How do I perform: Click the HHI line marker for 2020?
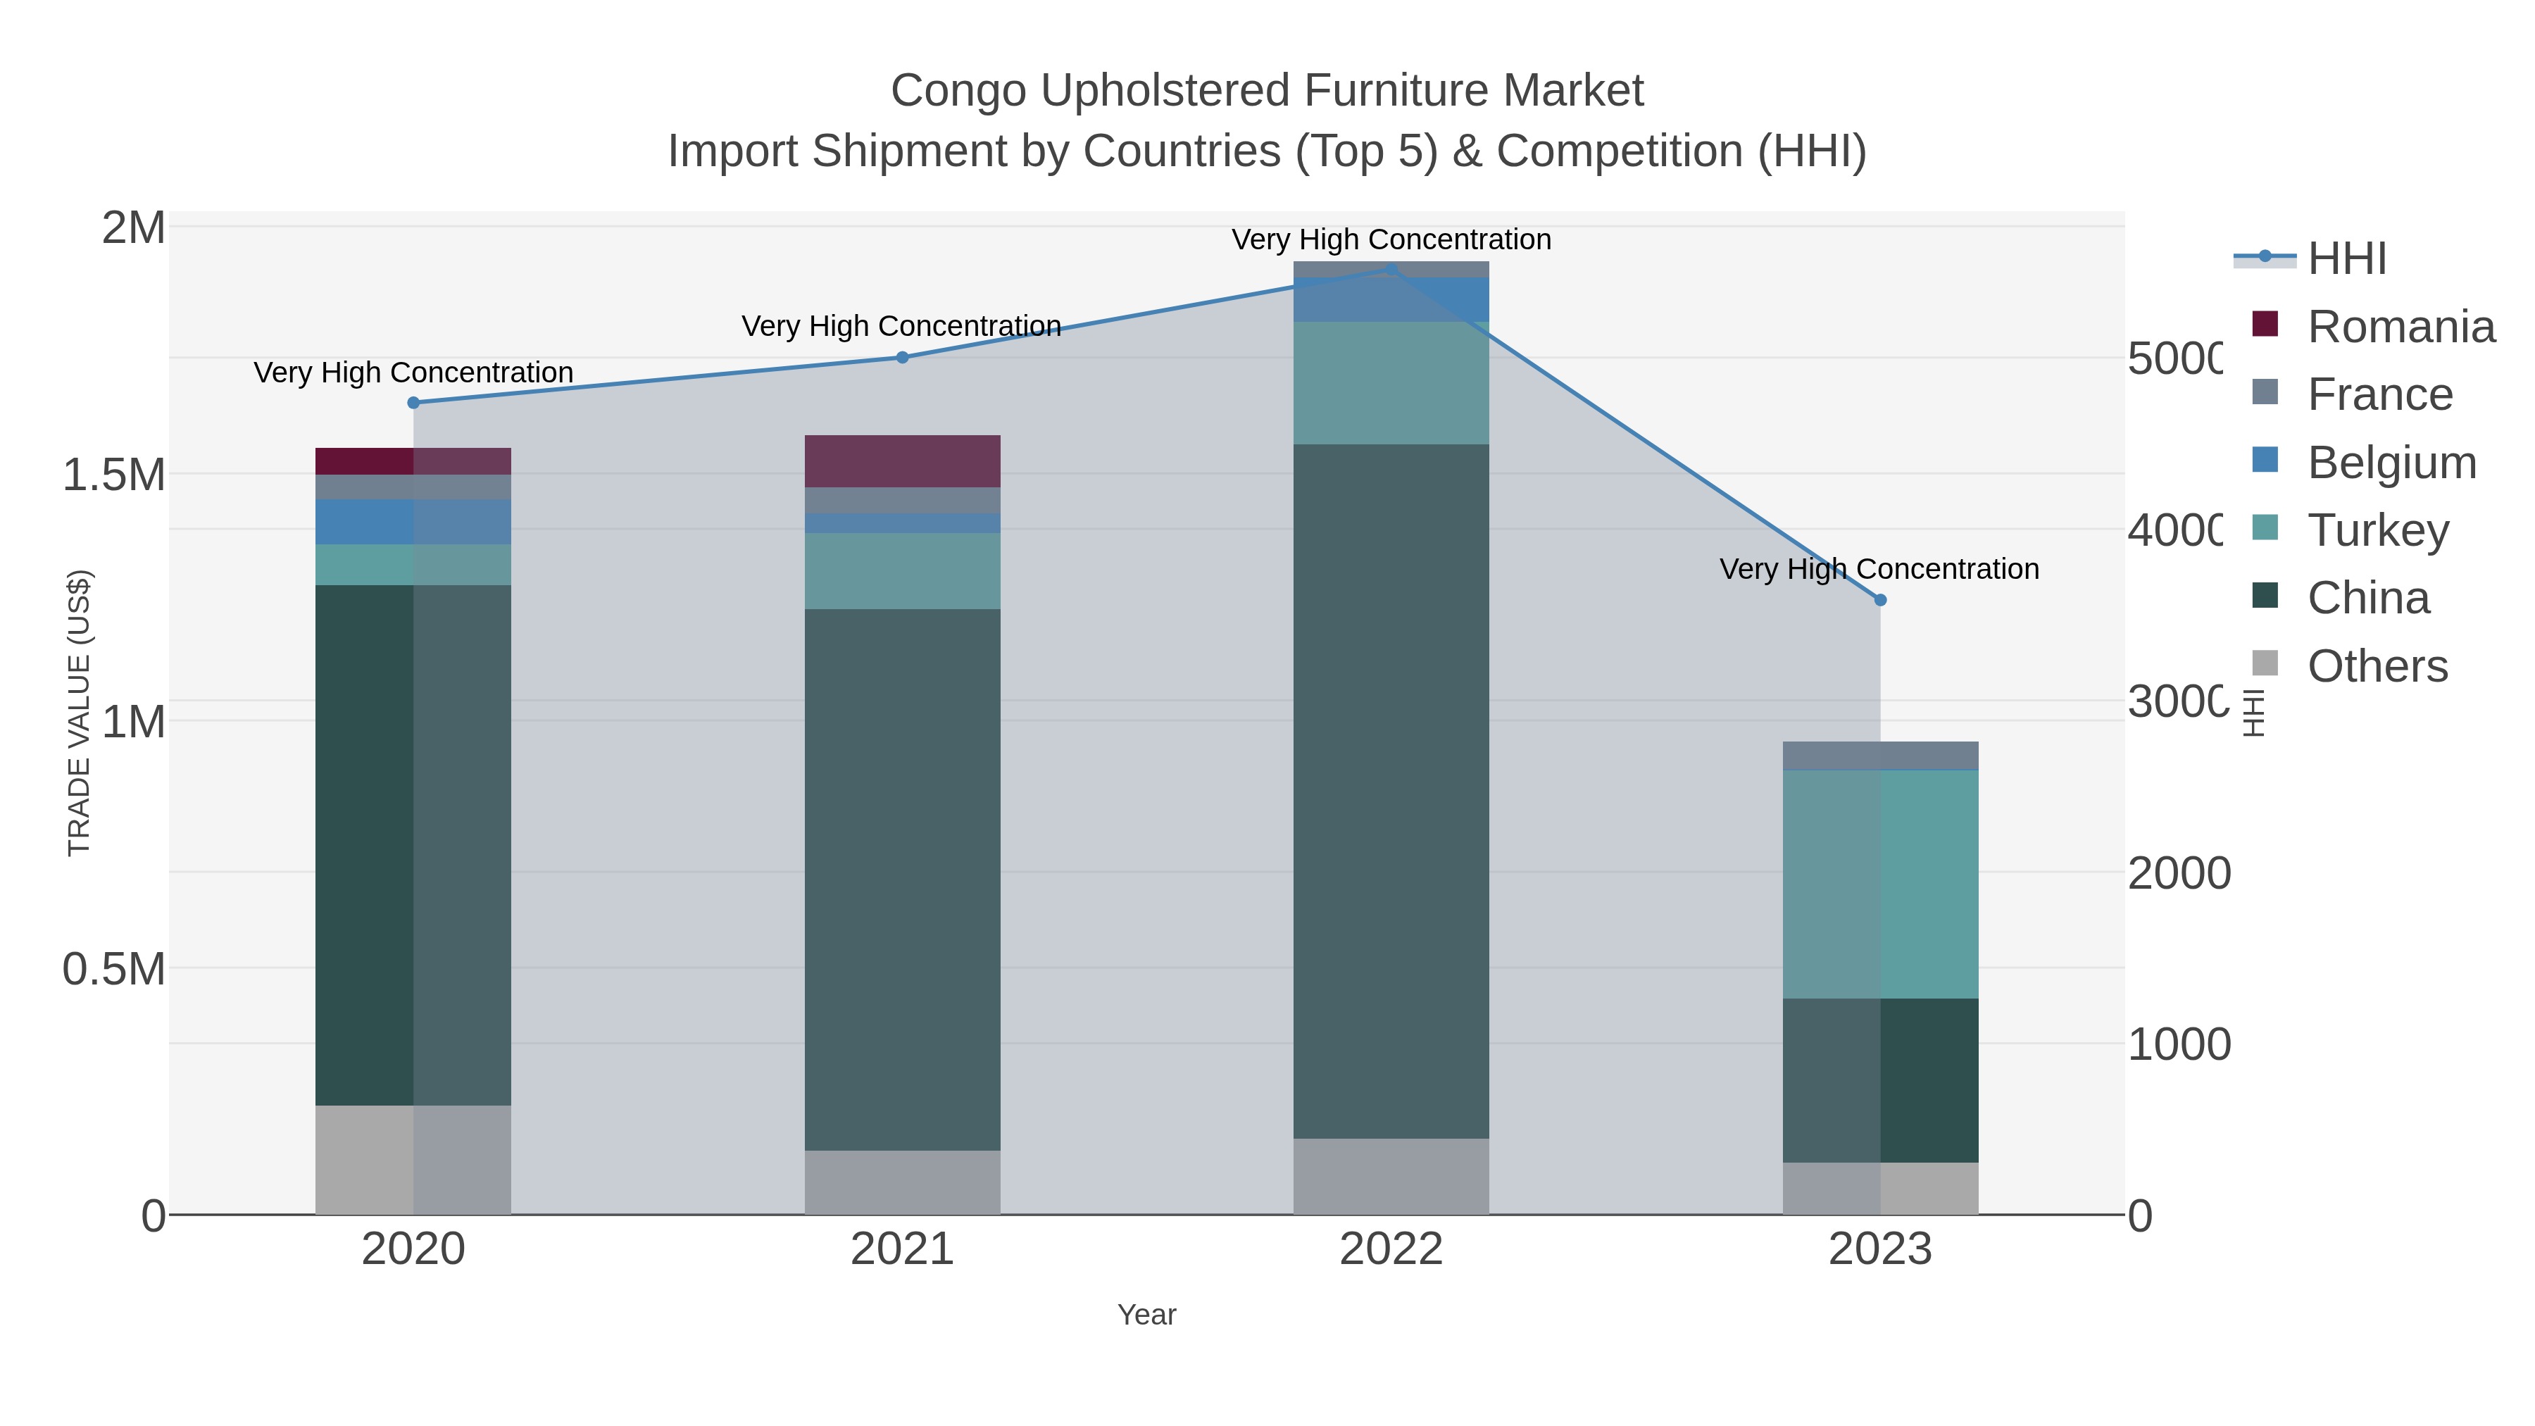coord(413,403)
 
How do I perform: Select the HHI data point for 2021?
coord(903,357)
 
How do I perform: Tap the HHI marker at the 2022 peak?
coord(1391,269)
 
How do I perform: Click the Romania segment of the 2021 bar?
coord(903,461)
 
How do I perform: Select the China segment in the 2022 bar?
coord(1391,792)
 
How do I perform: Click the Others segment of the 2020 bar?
coord(413,1159)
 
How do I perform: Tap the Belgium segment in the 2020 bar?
coord(413,522)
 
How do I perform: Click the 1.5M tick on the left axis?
coord(114,475)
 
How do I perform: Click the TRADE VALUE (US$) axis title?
coord(79,713)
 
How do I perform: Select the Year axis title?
coord(1146,1315)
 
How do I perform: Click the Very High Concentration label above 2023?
coord(1879,569)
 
